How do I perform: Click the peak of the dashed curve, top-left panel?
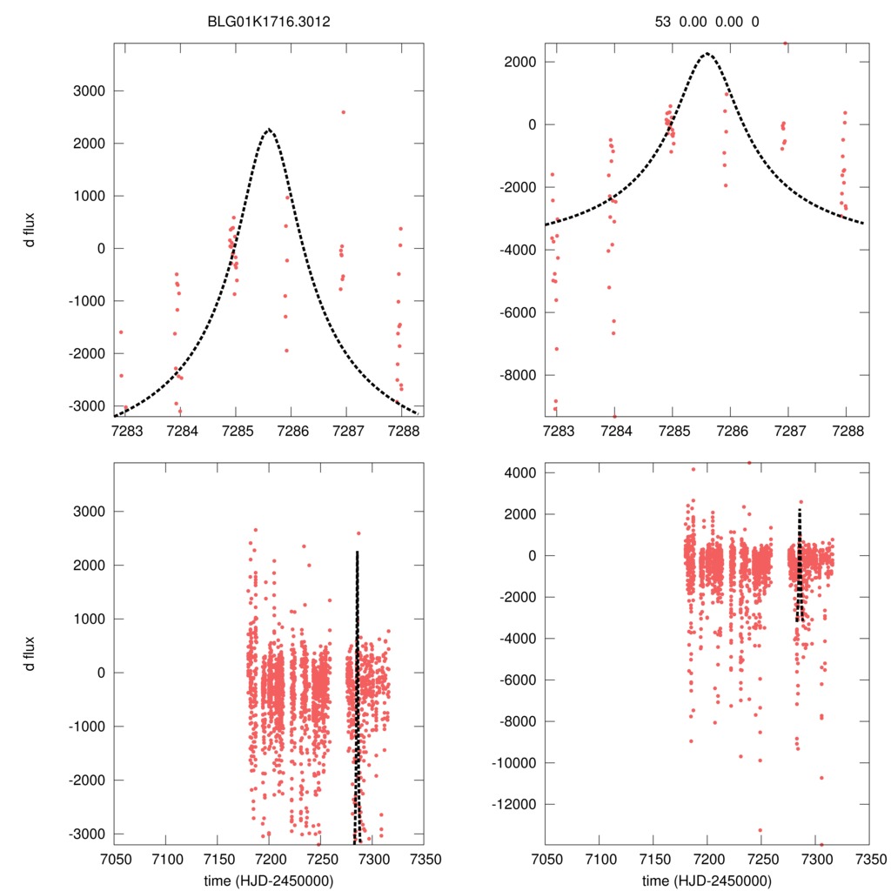(270, 130)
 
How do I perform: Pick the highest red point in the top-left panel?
(343, 112)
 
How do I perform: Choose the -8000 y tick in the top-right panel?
(521, 375)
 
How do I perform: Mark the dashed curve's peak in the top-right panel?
(707, 54)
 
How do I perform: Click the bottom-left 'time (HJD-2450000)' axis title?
(268, 880)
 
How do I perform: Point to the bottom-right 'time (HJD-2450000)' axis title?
(707, 880)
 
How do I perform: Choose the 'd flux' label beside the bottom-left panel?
(30, 653)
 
